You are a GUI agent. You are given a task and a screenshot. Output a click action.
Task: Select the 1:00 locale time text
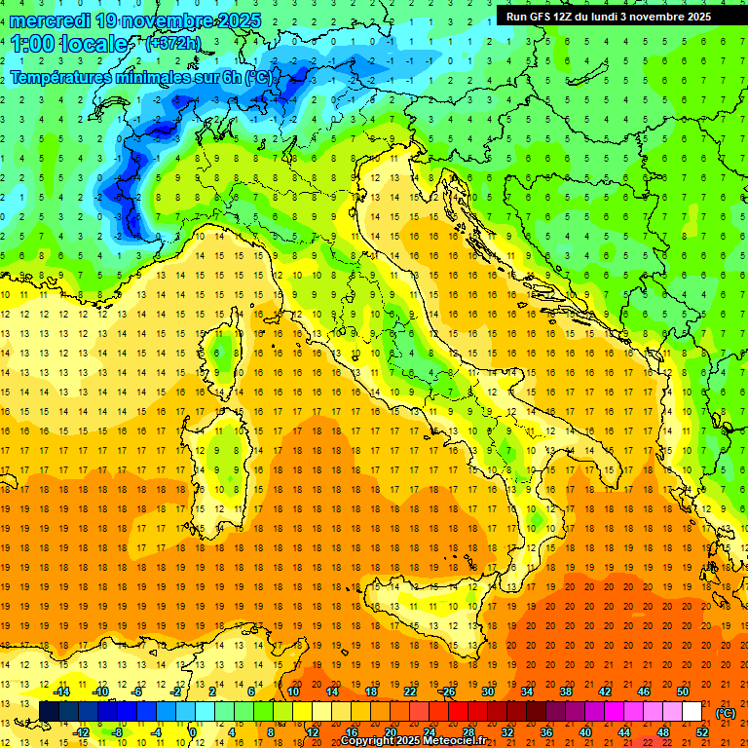pos(69,44)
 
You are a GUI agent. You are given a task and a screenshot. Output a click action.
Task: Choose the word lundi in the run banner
pos(614,17)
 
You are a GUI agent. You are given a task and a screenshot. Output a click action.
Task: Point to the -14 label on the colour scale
pos(61,692)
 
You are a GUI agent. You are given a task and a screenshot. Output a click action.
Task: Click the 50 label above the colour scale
pos(683,692)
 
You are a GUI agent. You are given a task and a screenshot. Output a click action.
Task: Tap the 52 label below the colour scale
pos(702,732)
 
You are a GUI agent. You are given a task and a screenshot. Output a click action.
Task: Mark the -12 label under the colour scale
pos(81,732)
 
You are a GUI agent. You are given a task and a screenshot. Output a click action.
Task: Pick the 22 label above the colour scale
pos(410,692)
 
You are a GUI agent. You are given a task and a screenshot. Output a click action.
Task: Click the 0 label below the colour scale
pos(192,732)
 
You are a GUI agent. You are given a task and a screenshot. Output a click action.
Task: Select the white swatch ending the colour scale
pos(692,712)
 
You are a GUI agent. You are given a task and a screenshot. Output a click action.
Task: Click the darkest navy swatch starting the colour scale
pos(49,712)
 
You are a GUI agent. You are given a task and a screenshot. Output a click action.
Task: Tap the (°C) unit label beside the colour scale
pos(725,713)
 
